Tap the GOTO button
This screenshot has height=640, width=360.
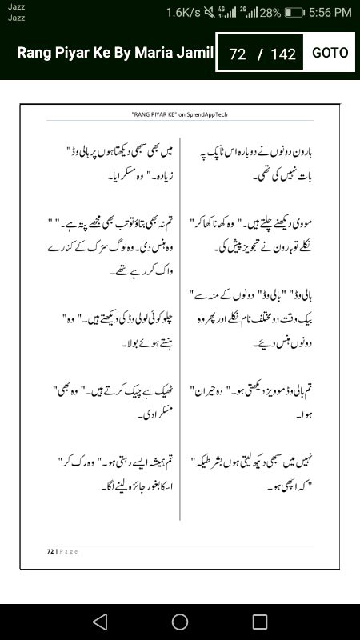(x=330, y=53)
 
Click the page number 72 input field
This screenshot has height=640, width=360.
(x=237, y=54)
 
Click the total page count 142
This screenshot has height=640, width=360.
(x=283, y=54)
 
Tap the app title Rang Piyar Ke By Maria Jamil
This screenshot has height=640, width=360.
(x=115, y=53)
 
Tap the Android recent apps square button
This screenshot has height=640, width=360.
(x=260, y=622)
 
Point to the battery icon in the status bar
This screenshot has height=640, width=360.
(x=294, y=13)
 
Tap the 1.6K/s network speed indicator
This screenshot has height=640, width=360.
(x=183, y=13)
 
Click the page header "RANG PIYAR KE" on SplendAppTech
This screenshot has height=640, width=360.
(x=180, y=115)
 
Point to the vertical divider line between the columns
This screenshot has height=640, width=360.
(x=180, y=320)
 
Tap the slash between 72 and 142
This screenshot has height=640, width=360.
(x=259, y=54)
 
